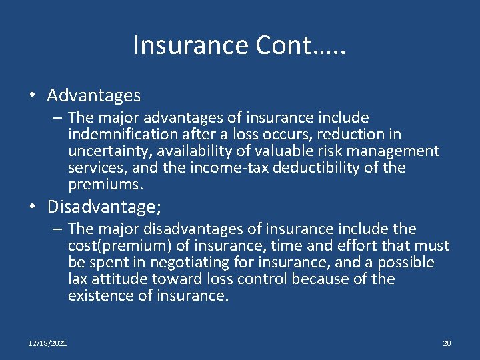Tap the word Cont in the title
(x=281, y=45)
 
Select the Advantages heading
(x=94, y=95)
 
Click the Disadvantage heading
(x=104, y=206)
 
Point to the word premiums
(x=104, y=184)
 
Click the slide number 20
(x=447, y=343)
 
